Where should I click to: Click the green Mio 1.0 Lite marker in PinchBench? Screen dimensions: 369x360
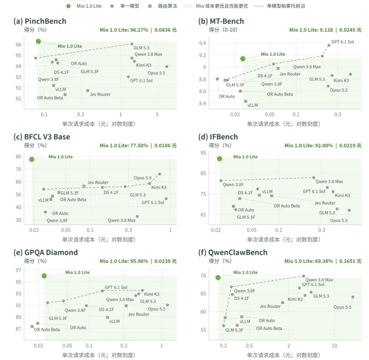point(38,41)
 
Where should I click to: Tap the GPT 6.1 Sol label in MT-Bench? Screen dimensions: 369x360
point(342,42)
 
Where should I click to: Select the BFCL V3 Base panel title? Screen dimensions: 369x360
point(42,137)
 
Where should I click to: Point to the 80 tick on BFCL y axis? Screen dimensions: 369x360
point(18,156)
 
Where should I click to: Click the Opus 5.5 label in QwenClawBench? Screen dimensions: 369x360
point(342,307)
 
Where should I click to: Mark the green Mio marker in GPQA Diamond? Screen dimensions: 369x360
point(44,276)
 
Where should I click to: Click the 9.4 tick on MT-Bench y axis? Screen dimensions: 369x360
point(202,43)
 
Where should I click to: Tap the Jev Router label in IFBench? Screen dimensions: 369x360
point(325,203)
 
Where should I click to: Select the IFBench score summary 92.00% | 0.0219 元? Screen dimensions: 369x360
point(323,146)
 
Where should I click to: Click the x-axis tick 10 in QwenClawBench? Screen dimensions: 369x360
point(334,346)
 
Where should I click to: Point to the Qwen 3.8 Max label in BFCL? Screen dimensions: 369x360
point(121,220)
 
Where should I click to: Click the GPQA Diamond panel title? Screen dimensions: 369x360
point(45,252)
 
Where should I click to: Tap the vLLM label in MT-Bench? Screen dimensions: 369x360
point(252,105)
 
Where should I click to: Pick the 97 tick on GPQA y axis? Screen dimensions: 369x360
point(18,270)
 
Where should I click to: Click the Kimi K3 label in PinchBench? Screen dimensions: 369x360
point(143,65)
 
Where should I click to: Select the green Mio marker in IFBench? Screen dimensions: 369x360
point(220,159)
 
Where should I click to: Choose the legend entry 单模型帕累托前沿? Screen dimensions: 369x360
point(279,6)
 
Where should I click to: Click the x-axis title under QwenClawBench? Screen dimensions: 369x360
point(283,355)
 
